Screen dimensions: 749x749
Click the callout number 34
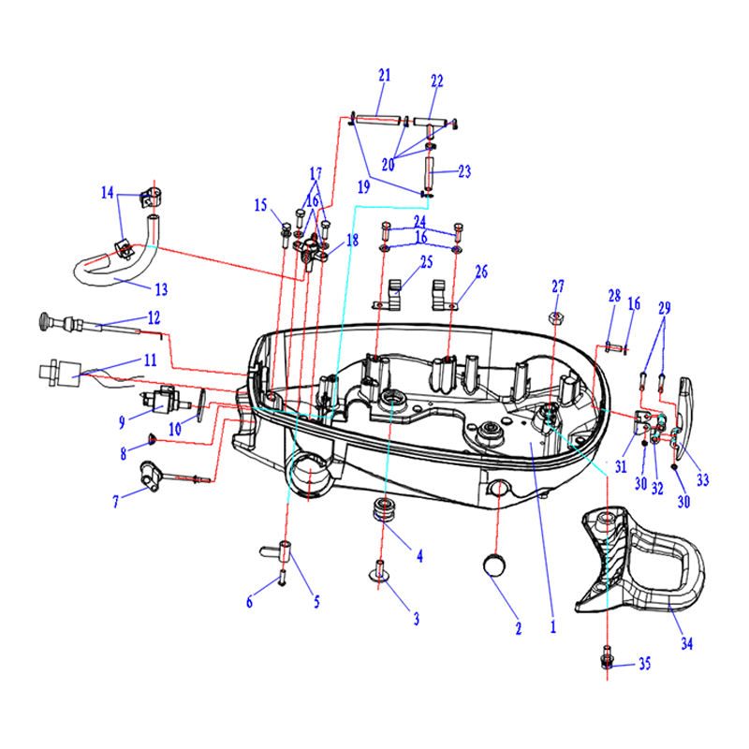(686, 643)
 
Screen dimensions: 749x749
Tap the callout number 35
(644, 664)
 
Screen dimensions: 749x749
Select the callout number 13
(161, 289)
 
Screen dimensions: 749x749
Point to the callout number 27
(558, 286)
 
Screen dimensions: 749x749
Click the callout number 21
(385, 75)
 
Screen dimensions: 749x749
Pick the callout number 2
(519, 628)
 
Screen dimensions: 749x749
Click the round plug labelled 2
(495, 565)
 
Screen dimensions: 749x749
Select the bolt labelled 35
(607, 658)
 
